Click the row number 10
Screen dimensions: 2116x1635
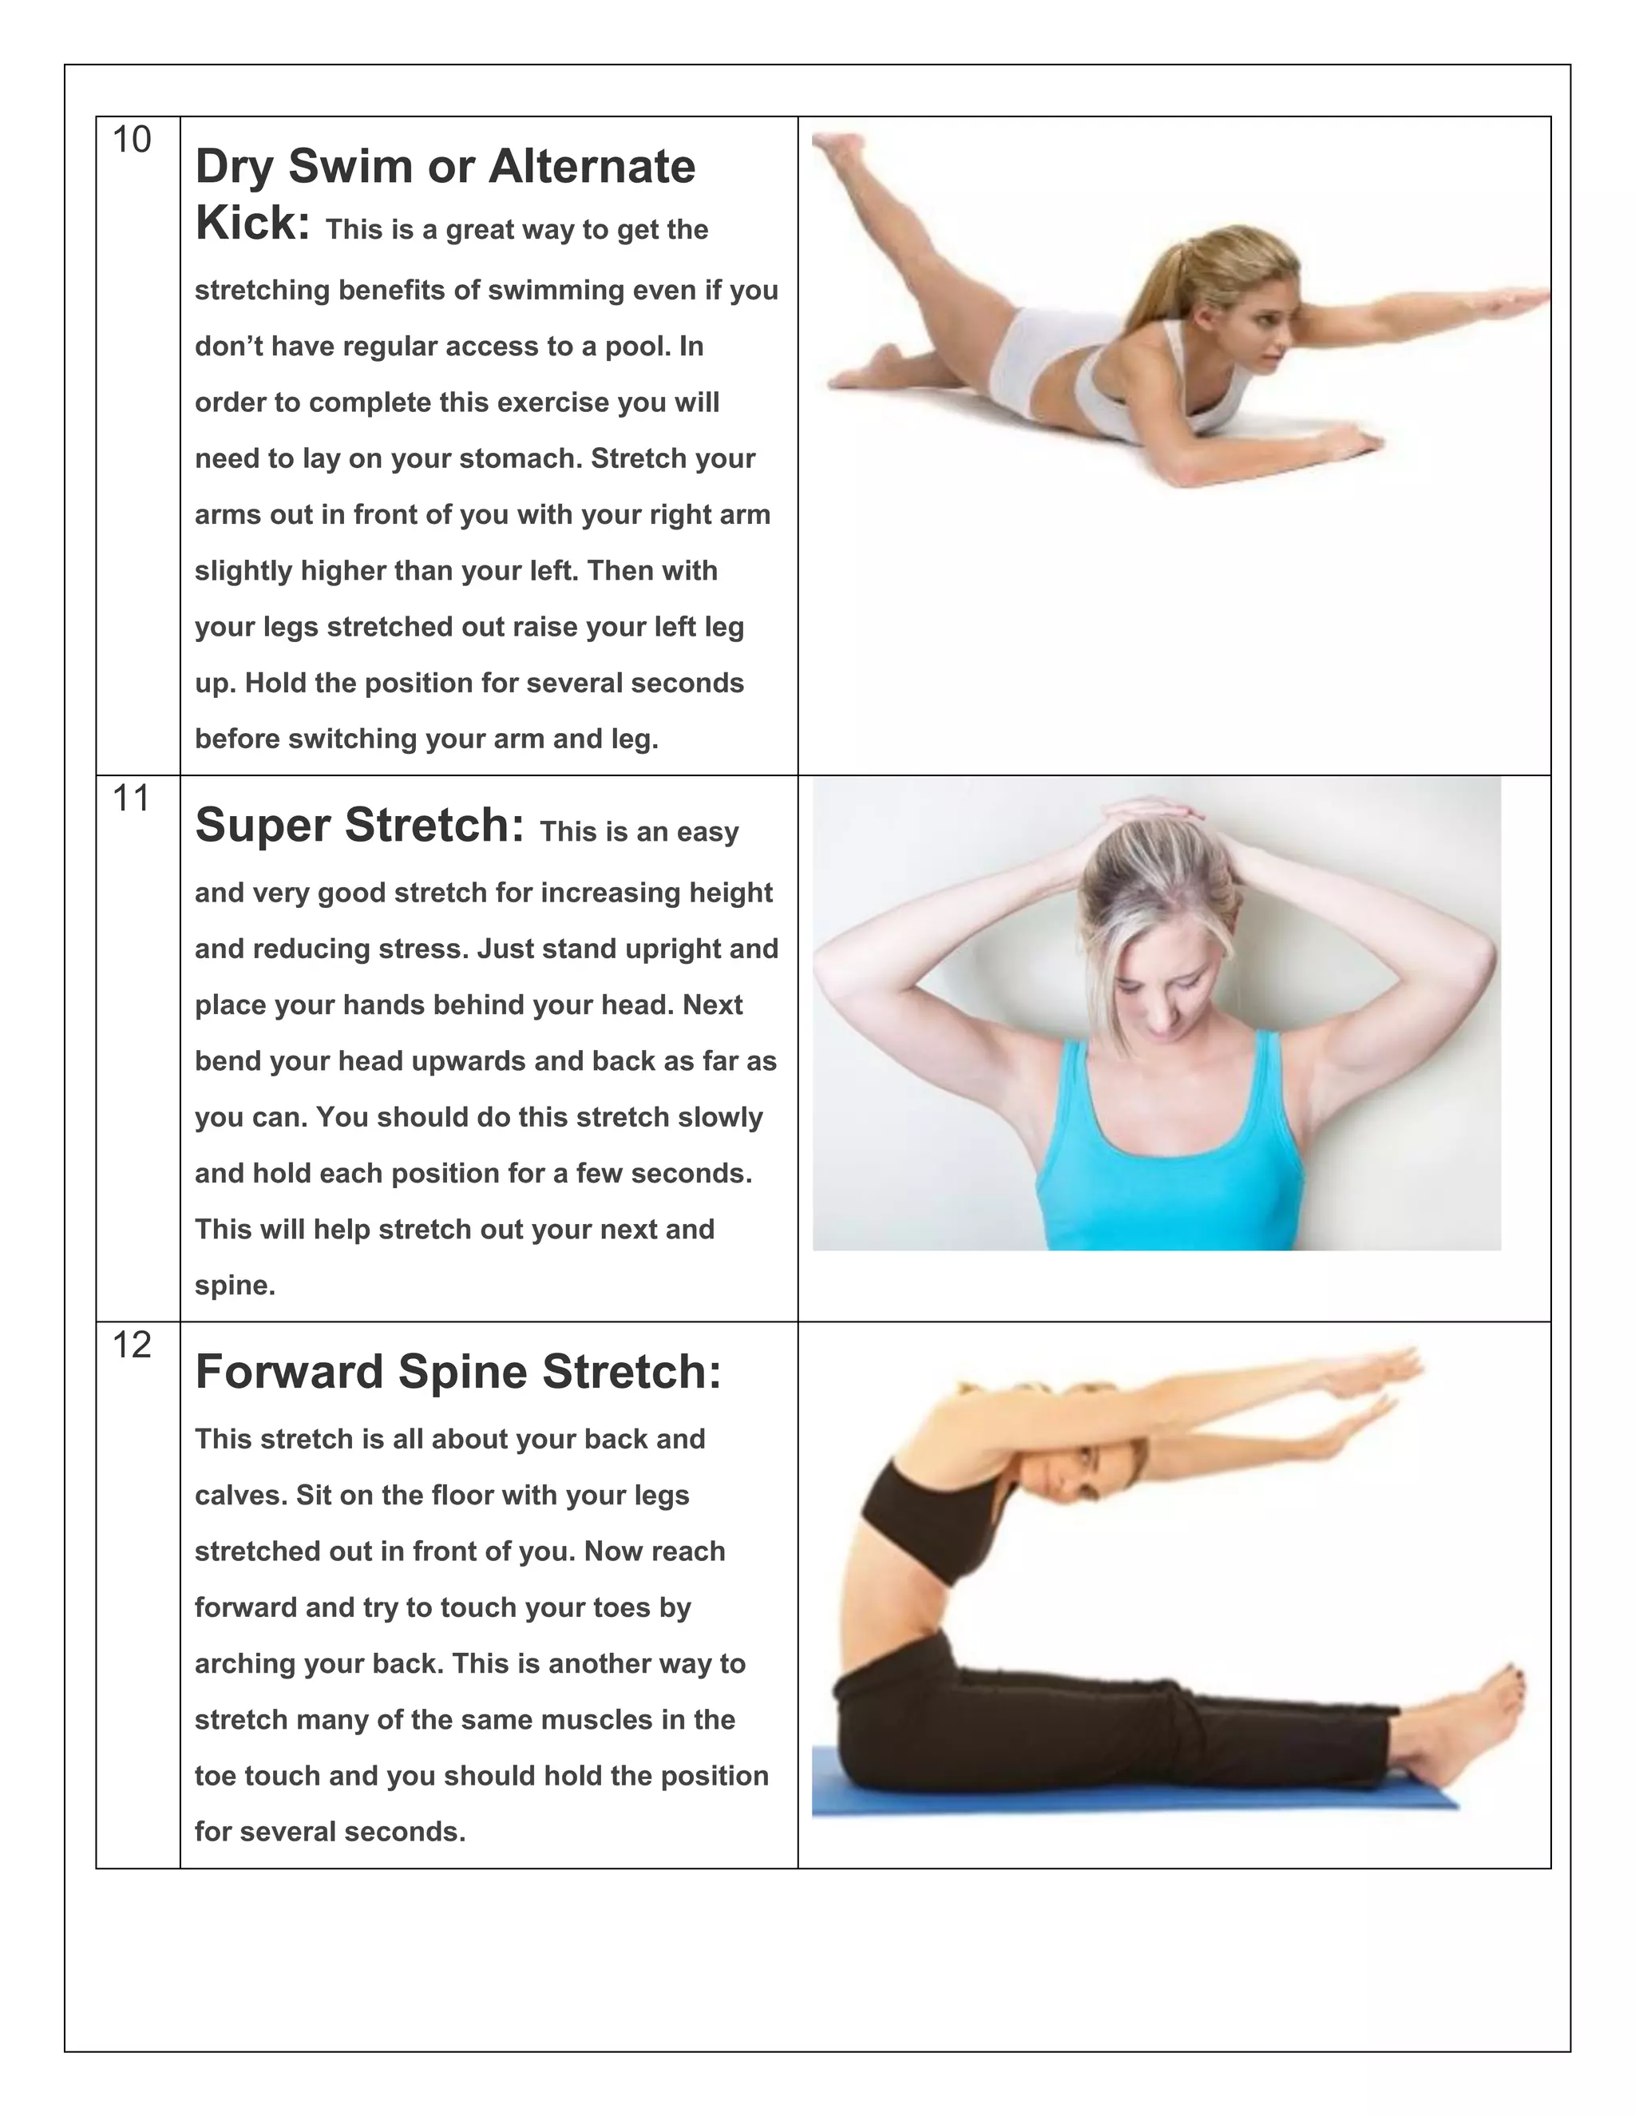132,141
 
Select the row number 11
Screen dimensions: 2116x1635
132,799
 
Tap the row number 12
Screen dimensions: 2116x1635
132,1345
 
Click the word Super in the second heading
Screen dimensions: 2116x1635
263,826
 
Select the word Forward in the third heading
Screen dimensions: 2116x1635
289,1372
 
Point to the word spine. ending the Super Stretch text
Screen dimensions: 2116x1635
236,1286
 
